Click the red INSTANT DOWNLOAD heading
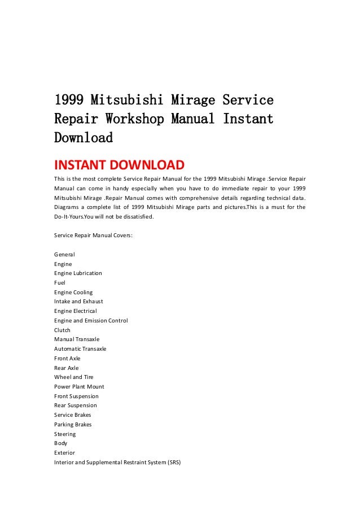point(119,165)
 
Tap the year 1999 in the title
point(69,101)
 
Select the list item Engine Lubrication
point(78,273)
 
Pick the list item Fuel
point(60,282)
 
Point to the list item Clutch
point(62,330)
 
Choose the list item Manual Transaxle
point(77,339)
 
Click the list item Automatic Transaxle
point(80,349)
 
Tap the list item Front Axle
point(67,359)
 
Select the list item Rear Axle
point(67,368)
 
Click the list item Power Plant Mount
point(79,387)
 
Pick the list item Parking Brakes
point(73,425)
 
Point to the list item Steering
point(65,434)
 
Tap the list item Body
point(60,443)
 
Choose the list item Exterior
point(64,453)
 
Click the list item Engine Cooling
point(73,292)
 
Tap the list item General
point(64,254)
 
